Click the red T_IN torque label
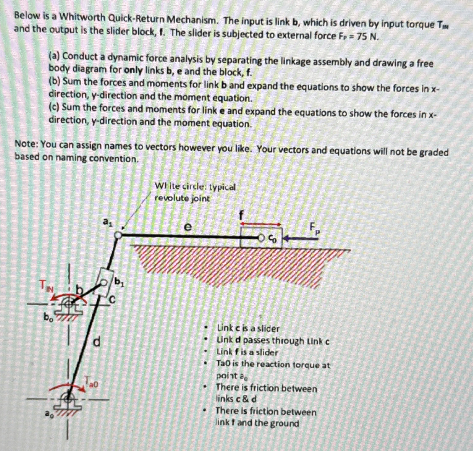[x=46, y=286]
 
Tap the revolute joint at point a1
[x=118, y=235]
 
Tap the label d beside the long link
[x=97, y=341]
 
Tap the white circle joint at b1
[x=104, y=283]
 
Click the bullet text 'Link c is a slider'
[x=248, y=329]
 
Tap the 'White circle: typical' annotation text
[x=195, y=187]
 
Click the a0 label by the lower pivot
[x=49, y=414]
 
